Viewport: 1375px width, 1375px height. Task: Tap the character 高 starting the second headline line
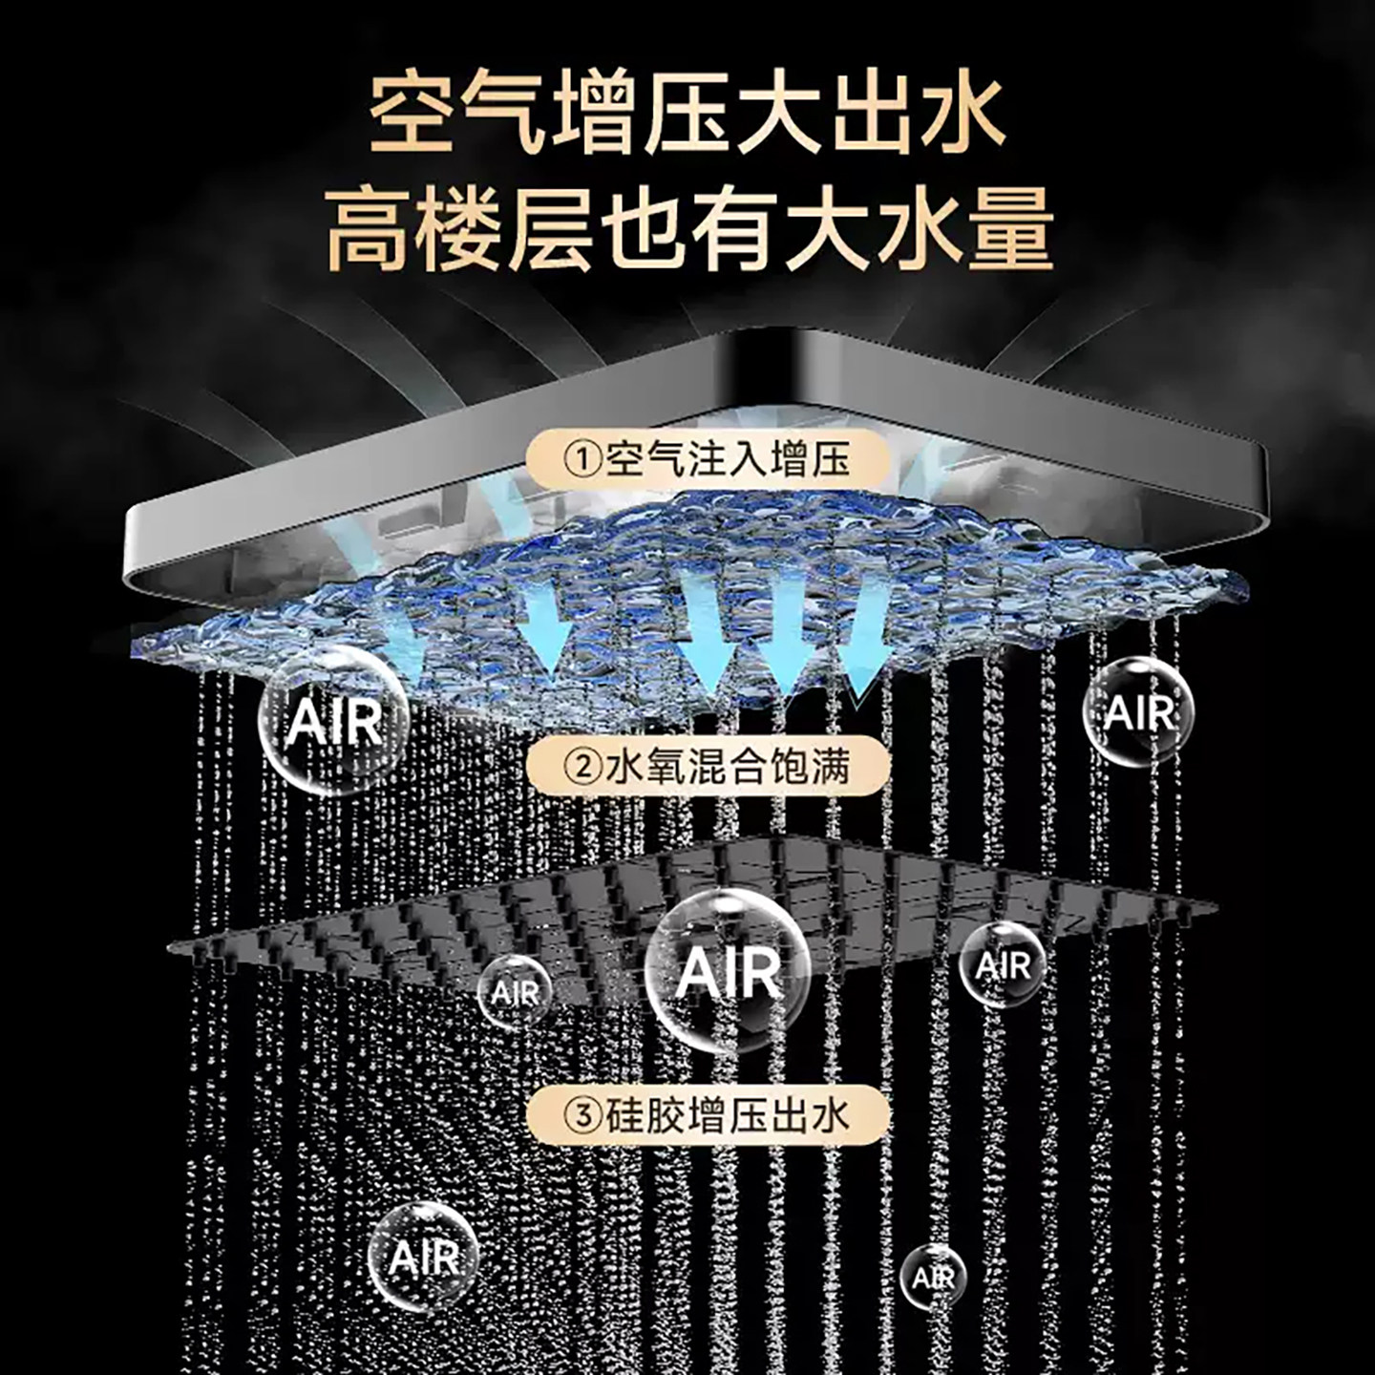[371, 227]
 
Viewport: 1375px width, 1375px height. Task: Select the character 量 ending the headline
[1008, 227]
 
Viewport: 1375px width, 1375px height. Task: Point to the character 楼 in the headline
[462, 227]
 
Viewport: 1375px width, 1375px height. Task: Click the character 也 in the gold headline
[645, 227]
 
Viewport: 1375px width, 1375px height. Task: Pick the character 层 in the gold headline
[553, 227]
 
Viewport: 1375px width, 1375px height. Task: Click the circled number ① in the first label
[583, 459]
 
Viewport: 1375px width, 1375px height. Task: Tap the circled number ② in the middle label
[583, 768]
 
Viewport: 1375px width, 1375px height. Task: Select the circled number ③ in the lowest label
[583, 1116]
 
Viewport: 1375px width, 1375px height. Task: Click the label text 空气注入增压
[728, 459]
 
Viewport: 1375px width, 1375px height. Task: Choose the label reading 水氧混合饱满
[728, 768]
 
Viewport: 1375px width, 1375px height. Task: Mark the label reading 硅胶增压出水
[728, 1116]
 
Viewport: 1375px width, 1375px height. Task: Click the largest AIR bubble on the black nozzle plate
[728, 973]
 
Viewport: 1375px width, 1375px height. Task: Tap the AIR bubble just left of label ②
[334, 721]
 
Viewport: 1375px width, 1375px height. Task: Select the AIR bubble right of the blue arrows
[1137, 710]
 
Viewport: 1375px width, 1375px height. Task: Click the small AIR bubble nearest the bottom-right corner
[933, 1278]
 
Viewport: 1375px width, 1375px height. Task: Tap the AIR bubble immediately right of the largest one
[1003, 964]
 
